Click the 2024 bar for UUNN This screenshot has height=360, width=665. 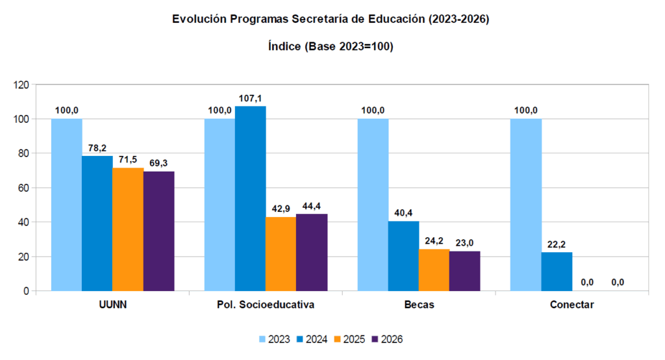pyautogui.click(x=97, y=223)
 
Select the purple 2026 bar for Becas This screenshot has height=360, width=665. pyautogui.click(x=464, y=271)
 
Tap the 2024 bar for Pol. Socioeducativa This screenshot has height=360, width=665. pyautogui.click(x=250, y=198)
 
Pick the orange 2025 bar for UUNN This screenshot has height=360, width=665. pyautogui.click(x=128, y=229)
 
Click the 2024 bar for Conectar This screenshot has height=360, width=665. pyautogui.click(x=557, y=272)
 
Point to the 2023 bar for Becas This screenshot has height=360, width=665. pyautogui.click(x=373, y=205)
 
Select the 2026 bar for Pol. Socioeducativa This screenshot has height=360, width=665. pyautogui.click(x=312, y=252)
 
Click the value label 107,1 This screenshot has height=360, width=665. pyautogui.click(x=250, y=98)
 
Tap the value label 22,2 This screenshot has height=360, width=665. pyautogui.click(x=557, y=244)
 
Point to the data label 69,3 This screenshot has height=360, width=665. pyautogui.click(x=158, y=163)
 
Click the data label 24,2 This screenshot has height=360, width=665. pyautogui.click(x=434, y=241)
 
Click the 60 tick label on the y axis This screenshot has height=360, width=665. pyautogui.click(x=24, y=188)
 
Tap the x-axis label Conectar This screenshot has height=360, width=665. pyautogui.click(x=571, y=305)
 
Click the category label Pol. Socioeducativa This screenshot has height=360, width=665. pyautogui.click(x=266, y=305)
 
